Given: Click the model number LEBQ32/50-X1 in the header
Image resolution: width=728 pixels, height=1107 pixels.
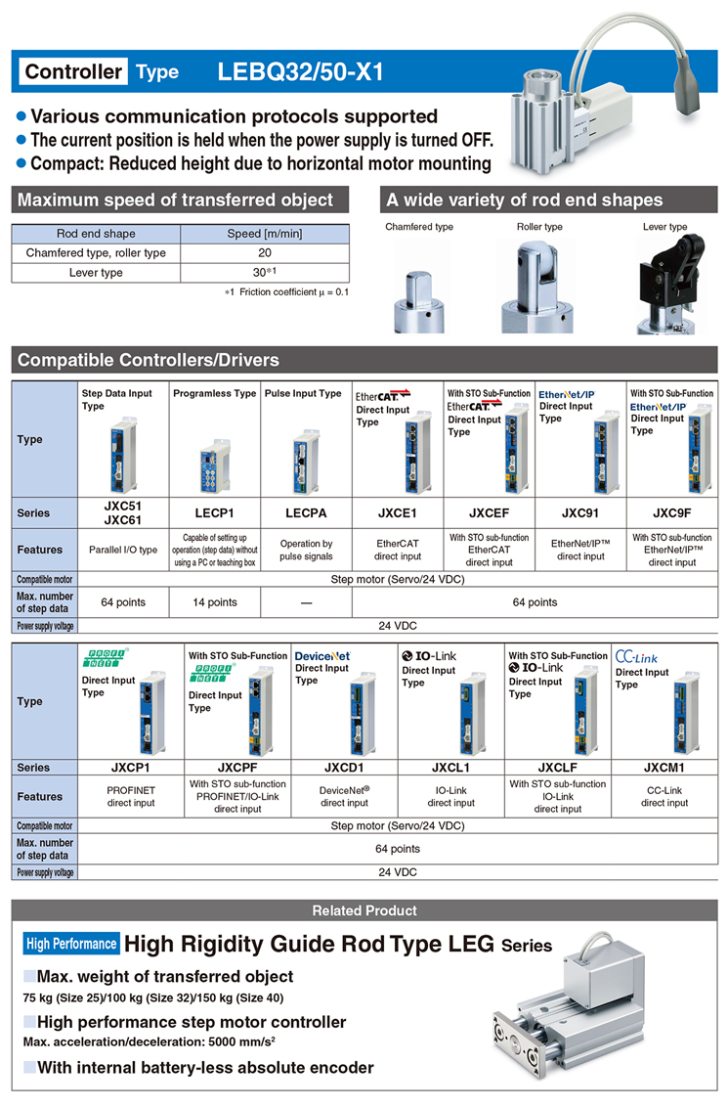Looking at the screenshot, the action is point(301,71).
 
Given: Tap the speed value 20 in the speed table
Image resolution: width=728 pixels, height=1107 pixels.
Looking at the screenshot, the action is point(265,252).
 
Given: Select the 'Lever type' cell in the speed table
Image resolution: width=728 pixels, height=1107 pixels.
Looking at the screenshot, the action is point(96,273).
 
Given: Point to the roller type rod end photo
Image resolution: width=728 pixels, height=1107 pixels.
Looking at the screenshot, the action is point(538,286).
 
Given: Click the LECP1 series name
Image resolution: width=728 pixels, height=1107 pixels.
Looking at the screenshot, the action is point(214,513).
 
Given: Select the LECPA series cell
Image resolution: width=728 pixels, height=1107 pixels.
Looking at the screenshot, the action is point(306,513).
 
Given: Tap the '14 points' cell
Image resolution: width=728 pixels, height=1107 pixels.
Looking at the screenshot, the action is point(214,602).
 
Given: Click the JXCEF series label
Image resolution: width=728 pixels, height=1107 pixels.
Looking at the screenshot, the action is point(489,513).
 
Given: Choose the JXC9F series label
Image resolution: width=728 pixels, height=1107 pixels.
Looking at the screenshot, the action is point(672,513).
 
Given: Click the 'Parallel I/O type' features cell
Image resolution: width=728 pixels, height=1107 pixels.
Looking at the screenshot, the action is point(123,550).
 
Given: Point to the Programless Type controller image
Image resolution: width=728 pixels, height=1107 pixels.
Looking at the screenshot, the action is point(215,465).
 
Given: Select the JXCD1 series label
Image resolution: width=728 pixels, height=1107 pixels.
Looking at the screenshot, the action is point(344,768).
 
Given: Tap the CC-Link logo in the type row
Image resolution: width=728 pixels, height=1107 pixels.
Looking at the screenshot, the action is point(636,656).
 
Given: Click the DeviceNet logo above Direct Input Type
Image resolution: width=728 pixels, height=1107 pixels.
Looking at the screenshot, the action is point(322,656).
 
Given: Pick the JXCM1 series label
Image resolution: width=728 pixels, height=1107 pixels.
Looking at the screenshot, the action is point(664,768).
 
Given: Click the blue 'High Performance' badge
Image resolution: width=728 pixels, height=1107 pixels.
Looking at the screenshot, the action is point(71,944).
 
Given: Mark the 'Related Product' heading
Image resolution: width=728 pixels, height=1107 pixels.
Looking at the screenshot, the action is point(364,910).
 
